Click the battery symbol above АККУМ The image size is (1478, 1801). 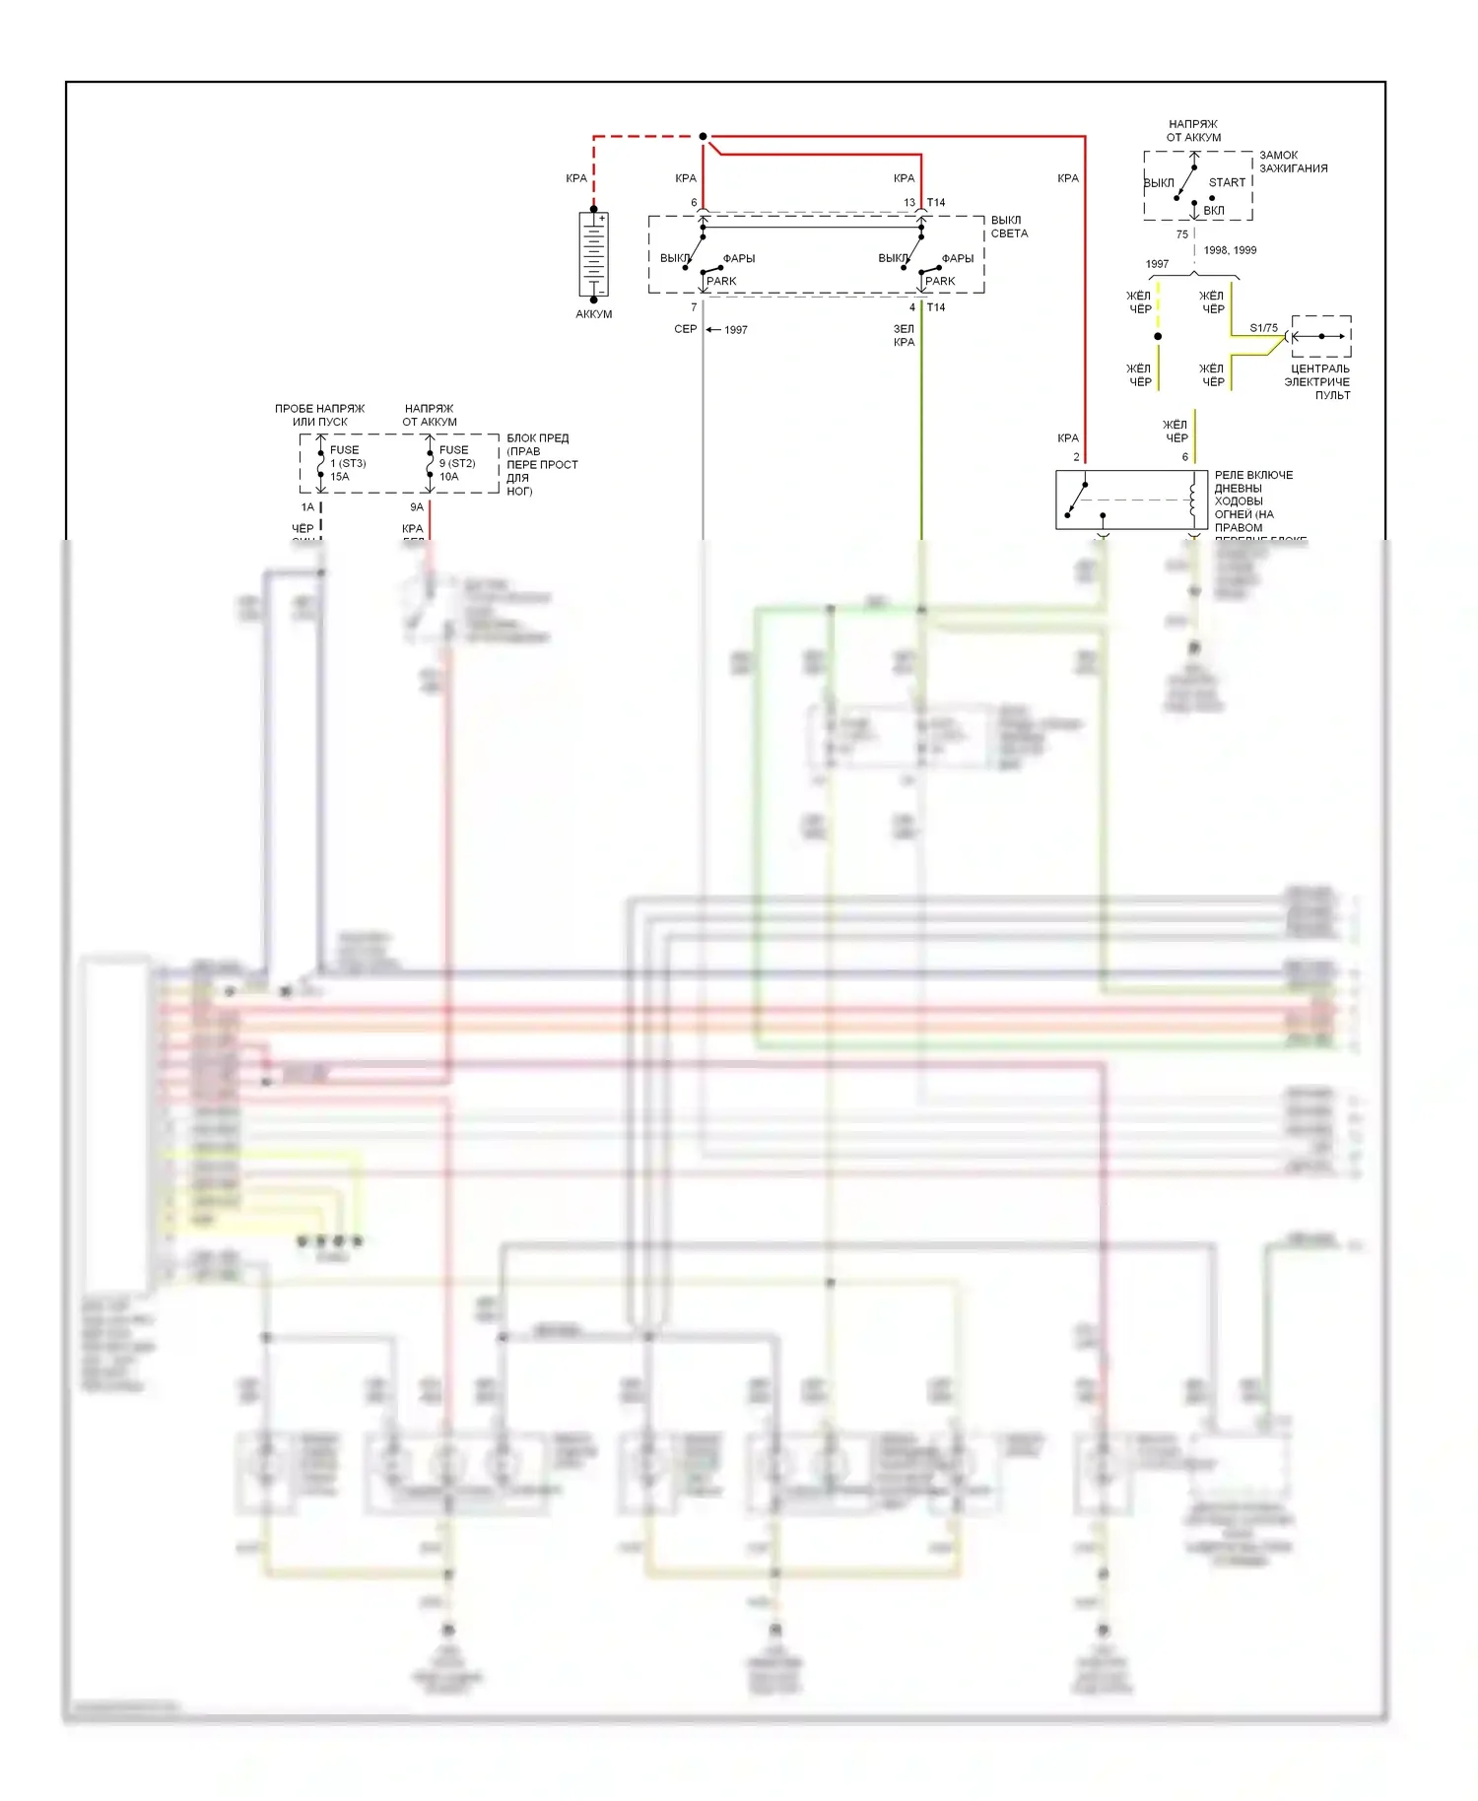[593, 254]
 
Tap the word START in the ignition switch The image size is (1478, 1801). [1227, 182]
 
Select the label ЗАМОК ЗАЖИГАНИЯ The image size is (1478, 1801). [1293, 162]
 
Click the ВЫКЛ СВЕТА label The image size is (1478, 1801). [1009, 227]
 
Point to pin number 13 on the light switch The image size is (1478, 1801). [909, 203]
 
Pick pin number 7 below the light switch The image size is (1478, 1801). [694, 307]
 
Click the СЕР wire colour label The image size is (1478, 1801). [685, 329]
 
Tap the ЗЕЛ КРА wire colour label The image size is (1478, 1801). [904, 336]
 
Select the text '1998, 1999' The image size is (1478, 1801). [1230, 250]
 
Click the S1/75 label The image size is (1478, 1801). [1263, 328]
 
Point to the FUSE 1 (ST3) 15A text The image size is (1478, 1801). [347, 463]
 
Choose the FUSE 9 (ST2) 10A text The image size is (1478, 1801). [456, 463]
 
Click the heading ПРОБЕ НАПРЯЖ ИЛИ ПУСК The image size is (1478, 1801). [319, 415]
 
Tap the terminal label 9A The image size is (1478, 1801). [417, 507]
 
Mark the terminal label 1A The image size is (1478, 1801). [307, 507]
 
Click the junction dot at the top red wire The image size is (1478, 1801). [703, 136]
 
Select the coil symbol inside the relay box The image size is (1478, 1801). [1193, 500]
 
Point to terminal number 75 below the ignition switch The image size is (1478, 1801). [1181, 234]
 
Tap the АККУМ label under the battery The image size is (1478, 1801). [593, 314]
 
